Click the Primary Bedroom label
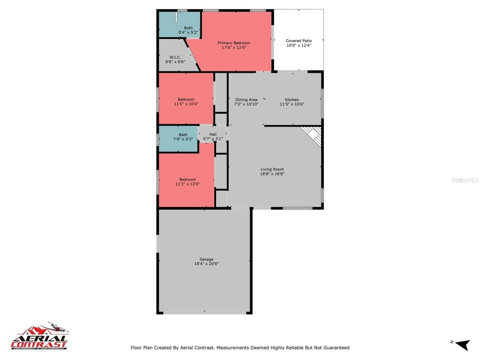coord(234,43)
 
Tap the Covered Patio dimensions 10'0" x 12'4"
coord(299,45)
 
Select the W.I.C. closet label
coord(175,57)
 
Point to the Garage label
coord(206,259)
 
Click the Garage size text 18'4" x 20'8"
coord(206,264)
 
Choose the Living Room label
coord(272,169)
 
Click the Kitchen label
coord(292,100)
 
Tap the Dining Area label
coord(246,100)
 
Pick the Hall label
coord(213,134)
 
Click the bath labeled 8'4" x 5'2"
coord(188,30)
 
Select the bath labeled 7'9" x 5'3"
coord(183,137)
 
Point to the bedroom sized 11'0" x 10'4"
coord(186,102)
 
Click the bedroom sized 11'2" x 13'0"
coord(187,181)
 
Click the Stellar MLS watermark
coord(465,180)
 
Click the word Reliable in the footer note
coord(295,348)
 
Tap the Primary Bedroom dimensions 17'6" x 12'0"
coord(234,47)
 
